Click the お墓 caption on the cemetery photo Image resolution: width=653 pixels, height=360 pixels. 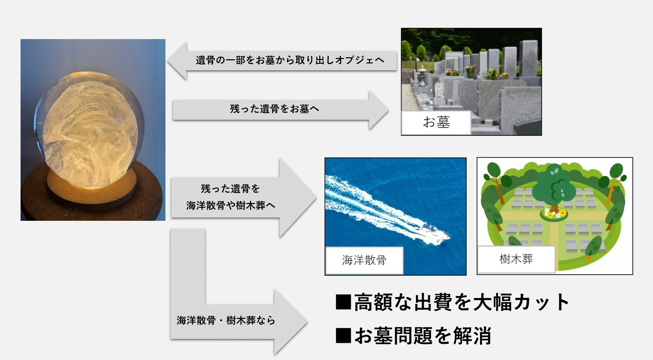tap(436, 122)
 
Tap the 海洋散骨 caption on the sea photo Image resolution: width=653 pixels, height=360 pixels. tap(364, 260)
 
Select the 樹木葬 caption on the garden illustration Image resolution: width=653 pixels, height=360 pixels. tap(516, 259)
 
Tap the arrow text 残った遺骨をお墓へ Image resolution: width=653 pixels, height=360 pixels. tap(274, 109)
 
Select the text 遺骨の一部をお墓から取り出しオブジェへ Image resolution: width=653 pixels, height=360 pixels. tap(290, 60)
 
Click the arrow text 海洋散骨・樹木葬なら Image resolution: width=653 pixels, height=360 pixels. tap(226, 321)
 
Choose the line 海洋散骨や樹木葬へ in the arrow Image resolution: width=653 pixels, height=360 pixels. tap(231, 205)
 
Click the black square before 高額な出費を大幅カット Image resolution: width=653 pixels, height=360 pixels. tap(343, 302)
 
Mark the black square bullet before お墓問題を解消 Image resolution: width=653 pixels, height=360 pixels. tap(343, 336)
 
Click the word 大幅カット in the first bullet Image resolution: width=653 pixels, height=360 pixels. tap(521, 302)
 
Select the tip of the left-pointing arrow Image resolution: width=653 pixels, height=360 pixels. tap(167, 61)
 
